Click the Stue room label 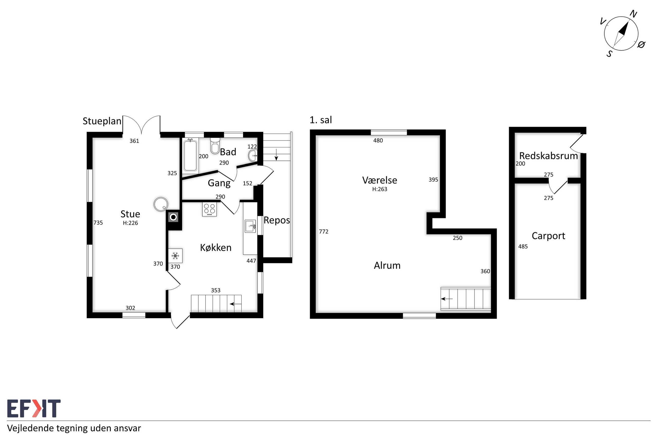click(130, 214)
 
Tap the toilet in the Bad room click(215, 146)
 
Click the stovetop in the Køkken click(209, 209)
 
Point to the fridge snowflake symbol click(175, 256)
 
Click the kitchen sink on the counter click(250, 226)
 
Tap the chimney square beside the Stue click(173, 217)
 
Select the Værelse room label click(380, 180)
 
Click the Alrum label click(387, 265)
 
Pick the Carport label click(548, 236)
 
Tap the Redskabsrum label click(548, 156)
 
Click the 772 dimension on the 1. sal click(324, 232)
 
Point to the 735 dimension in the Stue click(98, 223)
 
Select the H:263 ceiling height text click(380, 189)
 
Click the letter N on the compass click(633, 14)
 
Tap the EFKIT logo click(34, 408)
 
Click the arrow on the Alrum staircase click(447, 299)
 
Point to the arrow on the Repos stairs click(276, 155)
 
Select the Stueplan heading click(102, 121)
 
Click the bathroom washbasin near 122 click(253, 155)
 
